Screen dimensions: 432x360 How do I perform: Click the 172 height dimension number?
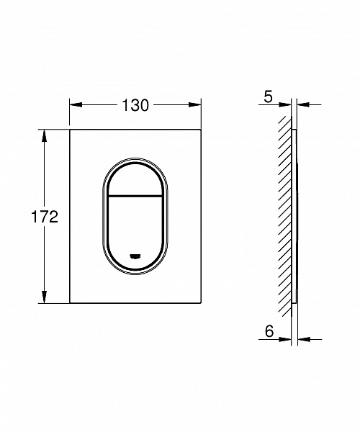pos(45,217)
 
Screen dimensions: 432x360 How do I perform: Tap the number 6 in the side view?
pos(268,330)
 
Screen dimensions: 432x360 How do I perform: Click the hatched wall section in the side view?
pos(286,216)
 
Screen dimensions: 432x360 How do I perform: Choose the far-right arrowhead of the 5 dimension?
pos(302,105)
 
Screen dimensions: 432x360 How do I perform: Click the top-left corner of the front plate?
pos(70,130)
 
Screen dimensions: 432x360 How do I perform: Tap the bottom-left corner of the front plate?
pos(70,302)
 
